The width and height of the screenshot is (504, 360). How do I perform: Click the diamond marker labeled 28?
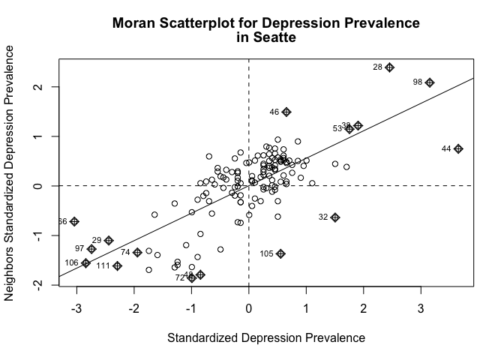pos(389,67)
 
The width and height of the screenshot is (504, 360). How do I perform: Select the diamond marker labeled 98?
pos(430,82)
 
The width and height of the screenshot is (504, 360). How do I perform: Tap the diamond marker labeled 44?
pos(458,148)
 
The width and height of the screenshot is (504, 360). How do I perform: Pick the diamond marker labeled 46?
pos(286,112)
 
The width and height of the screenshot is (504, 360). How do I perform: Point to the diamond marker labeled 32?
pos(335,217)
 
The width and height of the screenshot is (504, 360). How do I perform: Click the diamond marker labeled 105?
pos(280,253)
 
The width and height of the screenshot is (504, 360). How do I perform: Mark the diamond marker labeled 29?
pos(109,240)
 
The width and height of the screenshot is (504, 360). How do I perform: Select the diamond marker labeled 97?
pos(91,249)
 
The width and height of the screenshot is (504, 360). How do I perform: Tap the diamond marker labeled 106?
pos(85,263)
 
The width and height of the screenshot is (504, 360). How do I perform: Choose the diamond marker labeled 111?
pos(117,266)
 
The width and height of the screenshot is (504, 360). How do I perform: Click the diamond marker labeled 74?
pos(137,252)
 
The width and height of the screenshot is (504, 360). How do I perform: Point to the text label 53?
pos(337,129)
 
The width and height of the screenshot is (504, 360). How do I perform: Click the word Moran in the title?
pos(133,23)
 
